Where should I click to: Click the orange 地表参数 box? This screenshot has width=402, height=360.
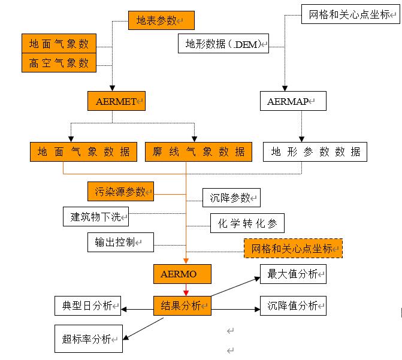(161, 20)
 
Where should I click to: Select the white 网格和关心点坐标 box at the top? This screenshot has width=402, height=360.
(350, 14)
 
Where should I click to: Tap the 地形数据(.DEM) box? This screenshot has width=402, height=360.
(223, 43)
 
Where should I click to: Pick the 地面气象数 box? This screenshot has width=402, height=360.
(59, 44)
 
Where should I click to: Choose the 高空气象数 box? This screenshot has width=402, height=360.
(59, 62)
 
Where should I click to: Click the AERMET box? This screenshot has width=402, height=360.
(117, 101)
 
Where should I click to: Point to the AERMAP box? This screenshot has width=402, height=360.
(293, 101)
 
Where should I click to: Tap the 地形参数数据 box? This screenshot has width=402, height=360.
(315, 152)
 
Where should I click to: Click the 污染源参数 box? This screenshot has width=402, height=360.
(120, 191)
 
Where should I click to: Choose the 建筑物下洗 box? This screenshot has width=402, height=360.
(96, 216)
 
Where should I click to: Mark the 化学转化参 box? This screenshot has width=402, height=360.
(247, 223)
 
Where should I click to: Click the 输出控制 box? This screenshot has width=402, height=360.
(120, 242)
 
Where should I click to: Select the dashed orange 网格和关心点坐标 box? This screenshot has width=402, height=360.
(293, 248)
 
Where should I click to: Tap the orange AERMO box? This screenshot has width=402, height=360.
(182, 274)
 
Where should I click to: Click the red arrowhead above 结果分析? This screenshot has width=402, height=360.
(186, 292)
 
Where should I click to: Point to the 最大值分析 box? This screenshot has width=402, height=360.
(293, 274)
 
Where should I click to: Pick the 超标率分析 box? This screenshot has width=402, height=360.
(88, 338)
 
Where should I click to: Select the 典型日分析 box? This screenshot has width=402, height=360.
(87, 305)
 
